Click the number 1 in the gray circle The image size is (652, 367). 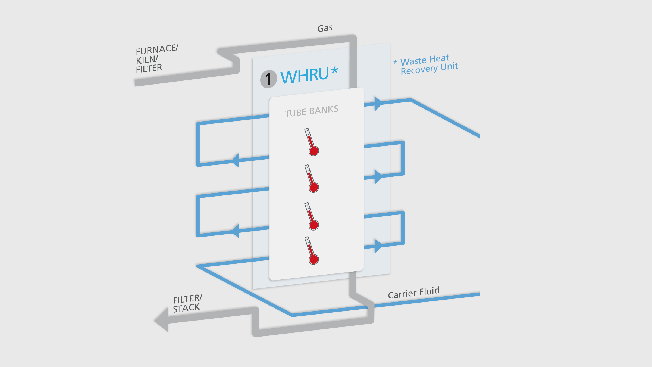(x=268, y=79)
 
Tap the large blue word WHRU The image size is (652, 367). (x=305, y=76)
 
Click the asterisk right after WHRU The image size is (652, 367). (x=334, y=70)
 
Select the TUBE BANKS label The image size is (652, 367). (x=311, y=111)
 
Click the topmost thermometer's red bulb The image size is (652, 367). (x=314, y=151)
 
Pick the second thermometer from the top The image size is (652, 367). (x=311, y=178)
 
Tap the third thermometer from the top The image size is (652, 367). (x=311, y=216)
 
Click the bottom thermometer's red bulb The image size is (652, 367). (x=314, y=259)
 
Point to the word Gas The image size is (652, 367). (x=325, y=28)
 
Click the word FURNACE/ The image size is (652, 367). (x=157, y=49)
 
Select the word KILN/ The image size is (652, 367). (x=147, y=60)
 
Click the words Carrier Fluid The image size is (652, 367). (x=413, y=293)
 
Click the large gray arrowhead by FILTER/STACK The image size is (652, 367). (x=162, y=320)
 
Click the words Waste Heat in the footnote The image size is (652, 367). (x=425, y=60)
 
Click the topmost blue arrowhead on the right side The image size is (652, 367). (x=378, y=104)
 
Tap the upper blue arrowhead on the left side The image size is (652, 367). (x=236, y=160)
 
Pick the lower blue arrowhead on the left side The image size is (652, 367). (x=236, y=231)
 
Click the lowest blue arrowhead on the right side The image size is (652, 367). (x=378, y=246)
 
